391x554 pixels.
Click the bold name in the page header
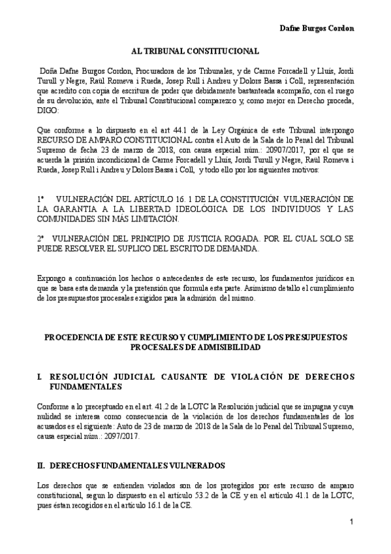pyautogui.click(x=317, y=29)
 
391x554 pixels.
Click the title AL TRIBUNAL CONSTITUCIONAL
pyautogui.click(x=195, y=50)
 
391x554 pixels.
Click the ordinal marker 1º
pyautogui.click(x=41, y=197)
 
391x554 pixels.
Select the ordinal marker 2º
pyautogui.click(x=40, y=239)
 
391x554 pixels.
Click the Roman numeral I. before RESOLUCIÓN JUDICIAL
pyautogui.click(x=40, y=378)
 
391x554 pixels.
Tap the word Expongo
pyautogui.click(x=52, y=277)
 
